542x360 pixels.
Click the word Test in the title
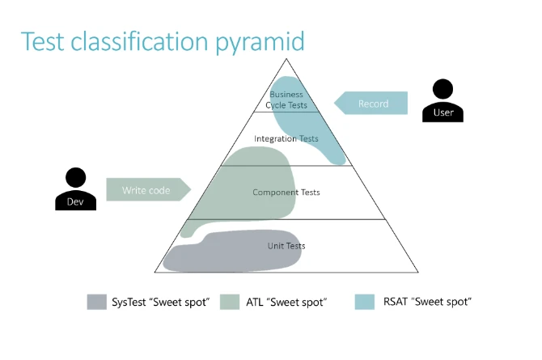(x=43, y=41)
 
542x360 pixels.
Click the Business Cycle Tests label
(x=286, y=100)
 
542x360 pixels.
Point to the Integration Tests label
(x=286, y=138)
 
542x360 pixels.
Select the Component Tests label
(x=286, y=193)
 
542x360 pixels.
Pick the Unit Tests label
(x=286, y=245)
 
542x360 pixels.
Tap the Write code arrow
(x=148, y=190)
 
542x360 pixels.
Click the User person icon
(x=442, y=103)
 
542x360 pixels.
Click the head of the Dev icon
(x=75, y=176)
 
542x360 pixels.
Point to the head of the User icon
(x=442, y=88)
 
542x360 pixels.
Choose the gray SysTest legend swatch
(x=97, y=302)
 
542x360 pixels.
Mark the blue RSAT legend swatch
(x=365, y=302)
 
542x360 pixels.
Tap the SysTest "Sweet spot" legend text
(x=160, y=303)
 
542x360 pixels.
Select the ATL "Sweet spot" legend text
(x=286, y=303)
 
